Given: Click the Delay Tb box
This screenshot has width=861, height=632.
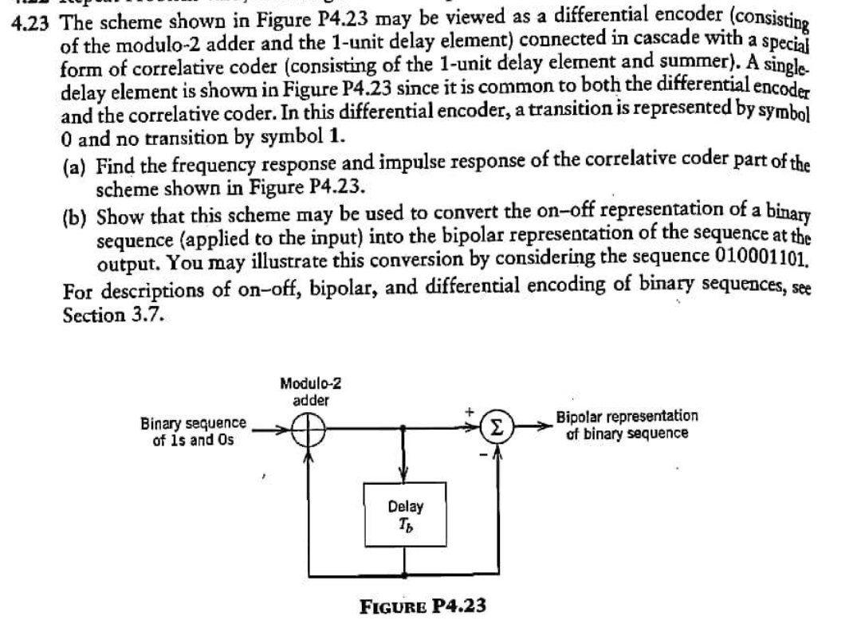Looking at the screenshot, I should [406, 514].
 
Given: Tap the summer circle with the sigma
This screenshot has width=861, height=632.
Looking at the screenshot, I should [497, 430].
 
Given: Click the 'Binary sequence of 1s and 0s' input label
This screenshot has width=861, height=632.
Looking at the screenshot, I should [192, 431].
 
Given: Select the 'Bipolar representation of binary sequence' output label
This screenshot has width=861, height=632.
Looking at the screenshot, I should [627, 425].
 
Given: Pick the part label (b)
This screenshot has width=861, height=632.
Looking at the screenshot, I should [78, 217].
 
